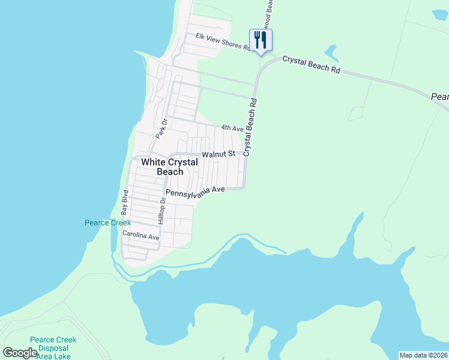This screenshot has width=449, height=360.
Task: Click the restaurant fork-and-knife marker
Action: pos(261,40)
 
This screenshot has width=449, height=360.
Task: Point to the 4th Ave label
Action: pos(232,128)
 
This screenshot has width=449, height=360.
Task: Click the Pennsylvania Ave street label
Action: pos(195,191)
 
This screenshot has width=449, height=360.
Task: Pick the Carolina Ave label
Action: pos(141,236)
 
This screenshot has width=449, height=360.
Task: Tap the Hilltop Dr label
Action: pos(161,212)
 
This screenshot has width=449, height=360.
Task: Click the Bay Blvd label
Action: pos(125,203)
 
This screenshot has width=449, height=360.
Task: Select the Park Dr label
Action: pos(160,128)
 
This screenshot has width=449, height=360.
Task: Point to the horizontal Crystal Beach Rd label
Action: pos(311,65)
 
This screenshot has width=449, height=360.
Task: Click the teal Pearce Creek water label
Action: pos(107,223)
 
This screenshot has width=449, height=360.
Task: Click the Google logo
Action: pos(20,353)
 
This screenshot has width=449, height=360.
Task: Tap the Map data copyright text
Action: pos(424,355)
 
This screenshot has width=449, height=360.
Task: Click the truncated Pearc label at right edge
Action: pos(440,96)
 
